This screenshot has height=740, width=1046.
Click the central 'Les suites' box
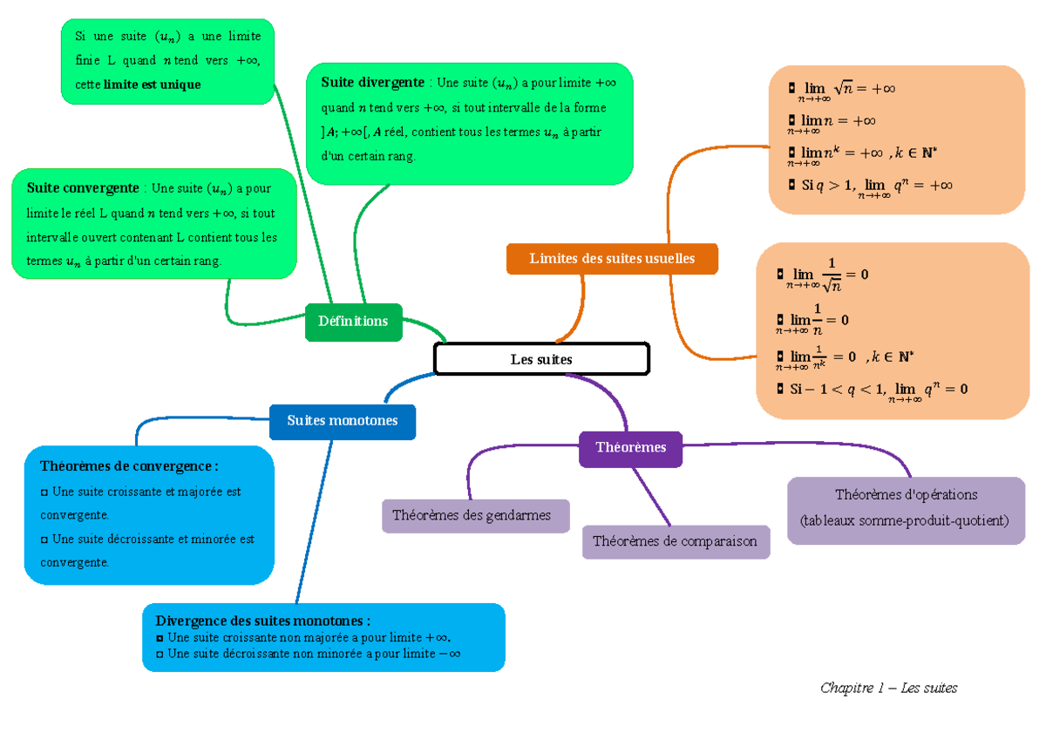tap(541, 359)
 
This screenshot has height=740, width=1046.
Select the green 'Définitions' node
tap(353, 322)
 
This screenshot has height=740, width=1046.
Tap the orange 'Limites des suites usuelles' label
tap(612, 259)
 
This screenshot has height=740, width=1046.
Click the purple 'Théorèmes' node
tap(630, 448)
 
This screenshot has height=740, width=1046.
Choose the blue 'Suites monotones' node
tap(342, 421)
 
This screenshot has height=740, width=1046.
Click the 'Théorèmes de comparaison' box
tap(675, 541)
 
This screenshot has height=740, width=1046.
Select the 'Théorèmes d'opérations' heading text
tap(906, 494)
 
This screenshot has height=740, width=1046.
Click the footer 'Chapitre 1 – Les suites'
tap(888, 688)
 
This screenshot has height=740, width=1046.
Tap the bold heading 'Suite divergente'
tap(373, 83)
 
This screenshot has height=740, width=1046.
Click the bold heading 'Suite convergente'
tap(83, 188)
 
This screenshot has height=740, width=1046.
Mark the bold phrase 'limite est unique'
tap(152, 85)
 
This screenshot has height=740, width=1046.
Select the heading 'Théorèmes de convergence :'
tap(128, 466)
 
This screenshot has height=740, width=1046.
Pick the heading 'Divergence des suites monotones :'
tap(262, 621)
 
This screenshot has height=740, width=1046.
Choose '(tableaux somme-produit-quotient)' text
tap(906, 521)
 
